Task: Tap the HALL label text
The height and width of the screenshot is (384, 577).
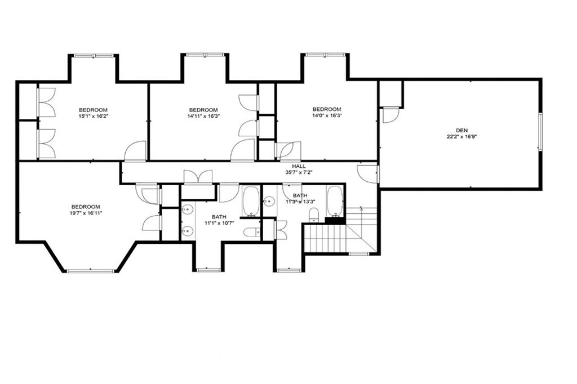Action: (298, 167)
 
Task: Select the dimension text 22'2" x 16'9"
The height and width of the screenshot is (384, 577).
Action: (462, 136)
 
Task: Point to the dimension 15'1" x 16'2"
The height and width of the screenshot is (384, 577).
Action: (93, 116)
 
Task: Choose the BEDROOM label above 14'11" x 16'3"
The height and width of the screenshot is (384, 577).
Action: (203, 110)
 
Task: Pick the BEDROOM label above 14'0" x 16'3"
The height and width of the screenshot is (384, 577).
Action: (327, 109)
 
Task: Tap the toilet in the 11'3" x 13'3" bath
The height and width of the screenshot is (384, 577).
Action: (314, 215)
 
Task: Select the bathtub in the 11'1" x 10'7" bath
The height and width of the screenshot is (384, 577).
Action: (251, 201)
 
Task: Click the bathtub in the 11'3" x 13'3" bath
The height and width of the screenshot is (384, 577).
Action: (335, 201)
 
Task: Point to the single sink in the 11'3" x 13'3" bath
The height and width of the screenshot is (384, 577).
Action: (269, 200)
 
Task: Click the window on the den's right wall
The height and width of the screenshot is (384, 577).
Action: (539, 132)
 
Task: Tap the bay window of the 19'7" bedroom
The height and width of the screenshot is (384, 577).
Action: (91, 271)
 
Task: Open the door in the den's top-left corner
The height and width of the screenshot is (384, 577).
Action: (390, 114)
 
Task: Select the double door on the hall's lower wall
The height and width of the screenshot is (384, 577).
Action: (198, 177)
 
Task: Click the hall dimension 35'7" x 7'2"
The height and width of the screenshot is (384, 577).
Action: (298, 173)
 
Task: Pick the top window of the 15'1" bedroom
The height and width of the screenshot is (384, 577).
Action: (94, 55)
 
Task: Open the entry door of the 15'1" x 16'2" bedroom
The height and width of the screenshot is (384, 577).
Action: (136, 151)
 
